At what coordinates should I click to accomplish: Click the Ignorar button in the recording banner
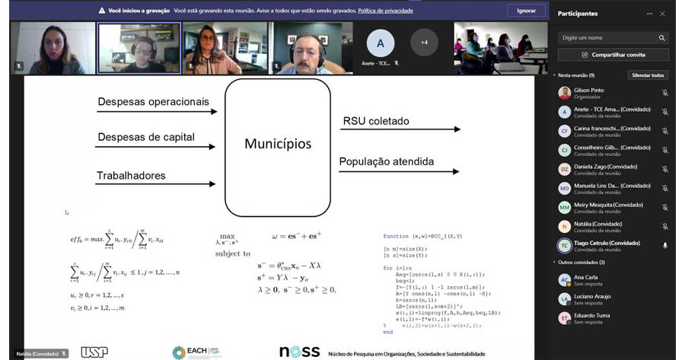click(x=526, y=11)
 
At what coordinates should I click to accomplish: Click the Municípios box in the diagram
click(x=277, y=144)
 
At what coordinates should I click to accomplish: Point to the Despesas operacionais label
click(x=153, y=101)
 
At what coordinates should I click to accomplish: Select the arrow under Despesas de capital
click(x=156, y=147)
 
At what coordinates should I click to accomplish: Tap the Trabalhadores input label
click(x=131, y=176)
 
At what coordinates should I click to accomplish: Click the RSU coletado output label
click(x=376, y=120)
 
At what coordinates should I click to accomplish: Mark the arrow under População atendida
click(x=399, y=170)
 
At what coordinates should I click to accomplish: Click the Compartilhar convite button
click(x=613, y=55)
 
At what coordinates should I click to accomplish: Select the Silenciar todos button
click(x=648, y=75)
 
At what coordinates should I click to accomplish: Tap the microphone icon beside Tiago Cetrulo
click(x=664, y=245)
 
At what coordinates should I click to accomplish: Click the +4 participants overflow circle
click(x=424, y=42)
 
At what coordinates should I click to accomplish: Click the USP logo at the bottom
click(x=94, y=352)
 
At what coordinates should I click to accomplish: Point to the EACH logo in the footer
click(x=196, y=352)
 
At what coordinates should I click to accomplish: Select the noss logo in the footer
click(x=299, y=352)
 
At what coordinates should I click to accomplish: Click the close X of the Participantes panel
click(x=662, y=14)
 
